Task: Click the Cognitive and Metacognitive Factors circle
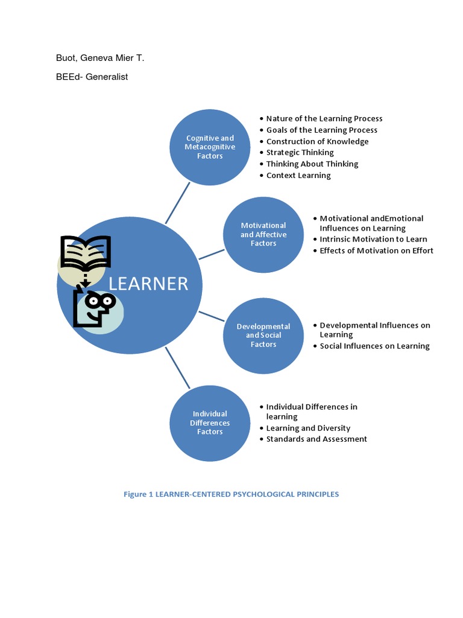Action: coord(210,147)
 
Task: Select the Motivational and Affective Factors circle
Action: coord(263,234)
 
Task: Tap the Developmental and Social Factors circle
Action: coord(263,336)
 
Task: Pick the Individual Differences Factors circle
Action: coord(210,422)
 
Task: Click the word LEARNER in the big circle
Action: coord(149,284)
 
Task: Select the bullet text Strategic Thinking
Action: coord(300,153)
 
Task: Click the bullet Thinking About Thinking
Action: coord(312,164)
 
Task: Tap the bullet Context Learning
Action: coord(298,176)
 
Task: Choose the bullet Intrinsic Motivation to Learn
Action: coord(373,239)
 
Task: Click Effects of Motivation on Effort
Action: coord(376,250)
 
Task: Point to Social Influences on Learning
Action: coord(374,346)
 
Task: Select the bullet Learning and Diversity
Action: coord(308,428)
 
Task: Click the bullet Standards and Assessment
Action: coord(317,439)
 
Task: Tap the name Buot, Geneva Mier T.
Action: coord(100,58)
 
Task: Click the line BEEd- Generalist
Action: coord(92,77)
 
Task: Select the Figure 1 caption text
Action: coord(231,494)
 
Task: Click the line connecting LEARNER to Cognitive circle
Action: coord(178,203)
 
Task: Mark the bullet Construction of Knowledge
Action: coord(317,141)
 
